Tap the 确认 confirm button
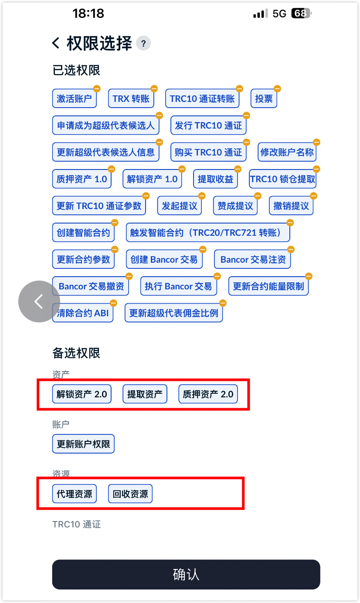(x=186, y=574)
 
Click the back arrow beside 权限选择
(x=56, y=43)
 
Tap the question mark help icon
(x=143, y=43)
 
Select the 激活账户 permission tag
(x=75, y=98)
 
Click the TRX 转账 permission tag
(x=131, y=98)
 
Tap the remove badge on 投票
(x=277, y=88)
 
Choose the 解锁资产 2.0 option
(x=82, y=394)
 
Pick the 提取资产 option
(x=145, y=394)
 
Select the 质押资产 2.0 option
(x=208, y=394)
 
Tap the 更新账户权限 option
(x=84, y=444)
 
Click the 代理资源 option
(x=75, y=494)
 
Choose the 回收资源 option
(x=130, y=494)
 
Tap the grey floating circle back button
(x=39, y=301)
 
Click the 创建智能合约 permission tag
(x=84, y=232)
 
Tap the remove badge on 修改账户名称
(x=317, y=142)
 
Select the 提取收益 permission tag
(x=215, y=179)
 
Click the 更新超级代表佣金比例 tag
(x=173, y=313)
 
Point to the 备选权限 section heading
(x=76, y=353)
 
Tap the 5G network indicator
(x=279, y=14)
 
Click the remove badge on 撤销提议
(x=313, y=196)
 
